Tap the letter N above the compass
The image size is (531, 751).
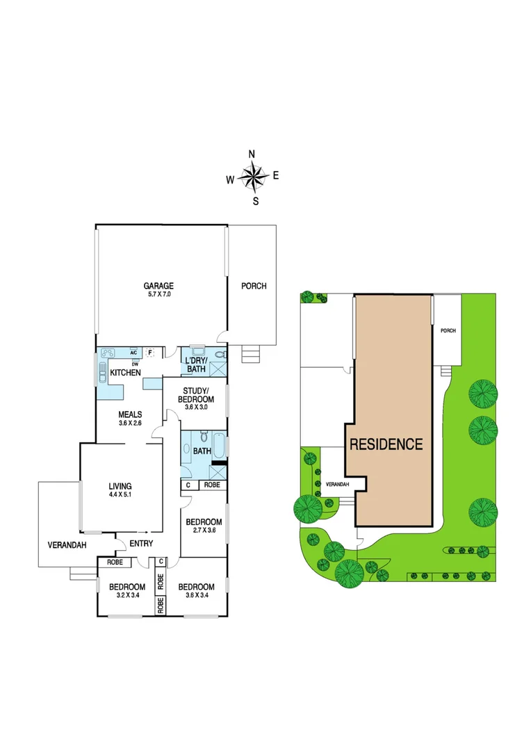point(252,154)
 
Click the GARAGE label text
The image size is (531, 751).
point(158,286)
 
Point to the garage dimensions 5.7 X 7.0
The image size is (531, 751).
point(158,295)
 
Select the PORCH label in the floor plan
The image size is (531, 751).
point(254,286)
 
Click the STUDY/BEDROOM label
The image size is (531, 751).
point(202,395)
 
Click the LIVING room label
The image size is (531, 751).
point(120,486)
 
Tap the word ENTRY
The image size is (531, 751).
point(141,544)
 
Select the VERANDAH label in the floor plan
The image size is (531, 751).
point(67,545)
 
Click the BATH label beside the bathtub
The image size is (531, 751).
point(202,451)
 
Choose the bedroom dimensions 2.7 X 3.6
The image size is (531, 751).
point(203,531)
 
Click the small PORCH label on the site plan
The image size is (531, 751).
point(448,330)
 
